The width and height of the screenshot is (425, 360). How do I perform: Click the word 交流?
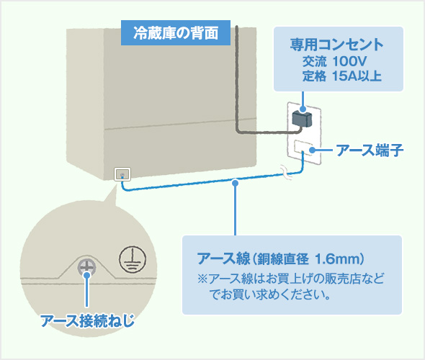coord(315,61)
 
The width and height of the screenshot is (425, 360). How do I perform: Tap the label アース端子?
coord(368,150)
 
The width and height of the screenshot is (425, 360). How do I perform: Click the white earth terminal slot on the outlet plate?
coord(302,149)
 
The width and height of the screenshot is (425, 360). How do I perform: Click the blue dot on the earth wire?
coord(236,186)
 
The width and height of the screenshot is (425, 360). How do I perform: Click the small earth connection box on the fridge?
coord(122,174)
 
